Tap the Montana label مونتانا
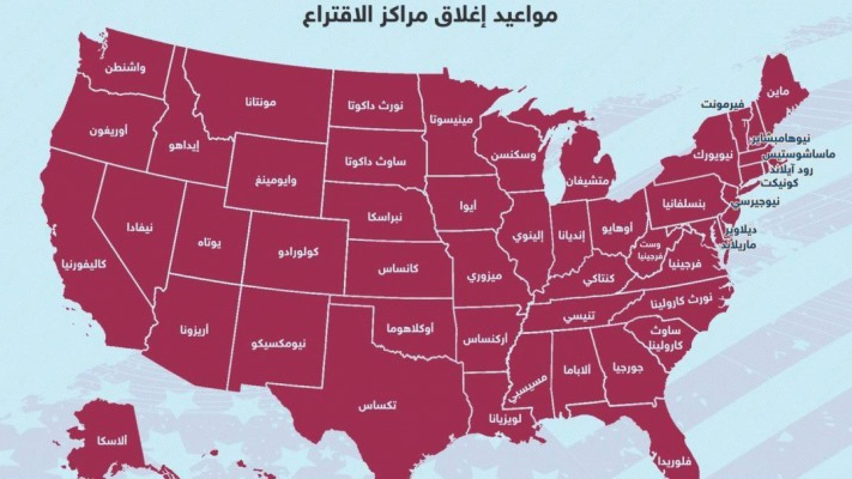(260, 102)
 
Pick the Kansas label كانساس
(398, 269)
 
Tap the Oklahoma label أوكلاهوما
(410, 329)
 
